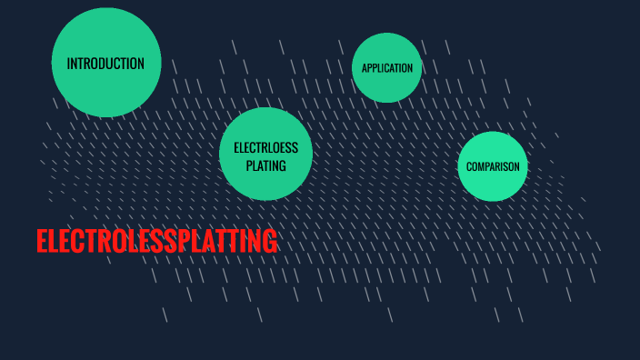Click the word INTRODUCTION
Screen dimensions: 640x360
[x=105, y=64]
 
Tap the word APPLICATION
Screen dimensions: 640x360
[x=387, y=68]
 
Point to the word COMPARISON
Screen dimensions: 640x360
[x=493, y=167]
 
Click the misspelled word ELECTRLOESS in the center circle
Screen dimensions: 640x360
[x=265, y=148]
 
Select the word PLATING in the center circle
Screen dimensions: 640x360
[x=266, y=165]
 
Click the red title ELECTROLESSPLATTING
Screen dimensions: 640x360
[x=156, y=242]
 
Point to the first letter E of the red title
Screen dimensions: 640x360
[x=43, y=242]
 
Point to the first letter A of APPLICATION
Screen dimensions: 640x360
[x=365, y=68]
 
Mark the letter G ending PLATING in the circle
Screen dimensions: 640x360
[x=283, y=165]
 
